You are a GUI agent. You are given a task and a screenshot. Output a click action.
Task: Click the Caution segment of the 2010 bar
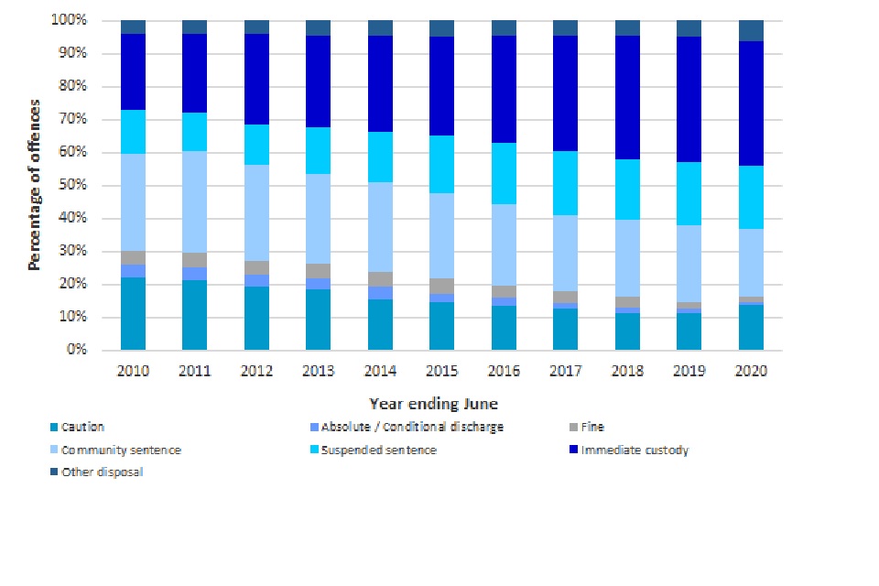pos(133,313)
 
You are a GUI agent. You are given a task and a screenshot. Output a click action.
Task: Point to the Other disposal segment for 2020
pos(751,30)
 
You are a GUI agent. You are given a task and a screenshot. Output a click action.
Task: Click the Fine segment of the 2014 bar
pos(380,278)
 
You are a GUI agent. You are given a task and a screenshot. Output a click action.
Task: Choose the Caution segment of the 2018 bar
pos(627,331)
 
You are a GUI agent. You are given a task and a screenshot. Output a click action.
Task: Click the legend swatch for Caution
pos(52,427)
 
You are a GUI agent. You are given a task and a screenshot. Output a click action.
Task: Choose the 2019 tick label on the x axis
pos(689,371)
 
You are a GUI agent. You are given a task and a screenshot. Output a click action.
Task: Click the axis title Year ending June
pos(433,403)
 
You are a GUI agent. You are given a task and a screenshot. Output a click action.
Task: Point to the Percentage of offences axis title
pos(35,185)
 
